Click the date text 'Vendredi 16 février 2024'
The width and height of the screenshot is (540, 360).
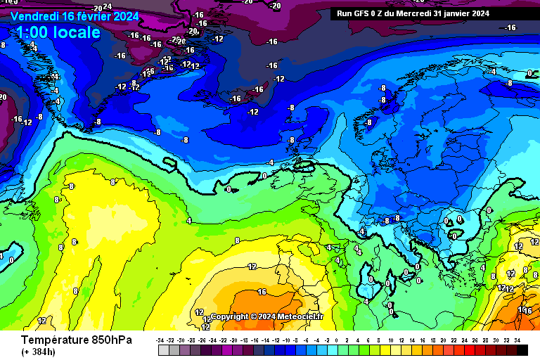[75, 15]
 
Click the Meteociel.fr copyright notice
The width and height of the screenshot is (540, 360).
[266, 316]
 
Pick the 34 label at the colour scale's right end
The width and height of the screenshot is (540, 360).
[517, 340]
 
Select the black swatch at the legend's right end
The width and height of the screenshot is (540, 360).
[522, 349]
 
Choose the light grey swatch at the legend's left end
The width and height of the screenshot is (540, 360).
[163, 349]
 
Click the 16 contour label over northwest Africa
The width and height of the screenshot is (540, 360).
[262, 292]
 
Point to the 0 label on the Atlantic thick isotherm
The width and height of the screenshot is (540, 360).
[229, 189]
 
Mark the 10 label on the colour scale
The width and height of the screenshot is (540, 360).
[391, 340]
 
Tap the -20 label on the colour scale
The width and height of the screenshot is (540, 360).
[237, 340]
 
